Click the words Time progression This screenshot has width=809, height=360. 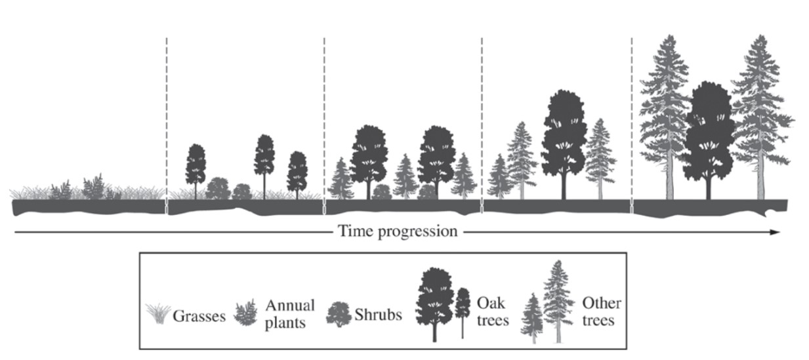(397, 231)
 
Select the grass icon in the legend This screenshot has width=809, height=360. (157, 314)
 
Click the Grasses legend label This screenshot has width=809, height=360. (199, 316)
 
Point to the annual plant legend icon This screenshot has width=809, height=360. (245, 313)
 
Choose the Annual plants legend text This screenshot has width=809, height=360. (290, 314)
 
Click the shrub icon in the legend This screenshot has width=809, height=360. (339, 315)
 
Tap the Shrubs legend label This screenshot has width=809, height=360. (379, 315)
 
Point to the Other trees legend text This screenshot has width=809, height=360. (601, 311)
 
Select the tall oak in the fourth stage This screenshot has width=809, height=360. (564, 138)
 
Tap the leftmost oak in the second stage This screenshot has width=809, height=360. (196, 167)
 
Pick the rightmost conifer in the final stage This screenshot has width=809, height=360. (760, 111)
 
